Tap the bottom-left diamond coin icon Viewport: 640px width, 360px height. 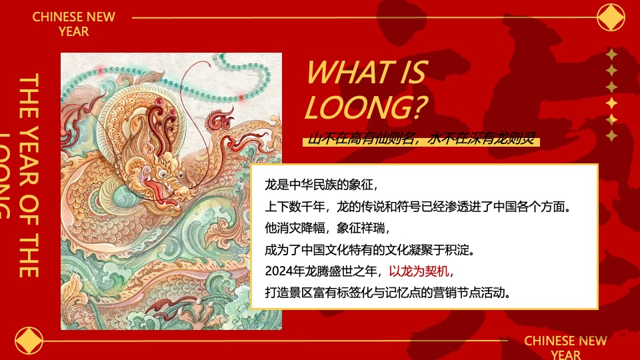pos(28,340)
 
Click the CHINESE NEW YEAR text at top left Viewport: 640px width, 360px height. pos(73,23)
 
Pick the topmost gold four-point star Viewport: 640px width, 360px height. pos(611,55)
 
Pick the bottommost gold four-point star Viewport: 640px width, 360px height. pos(611,136)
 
